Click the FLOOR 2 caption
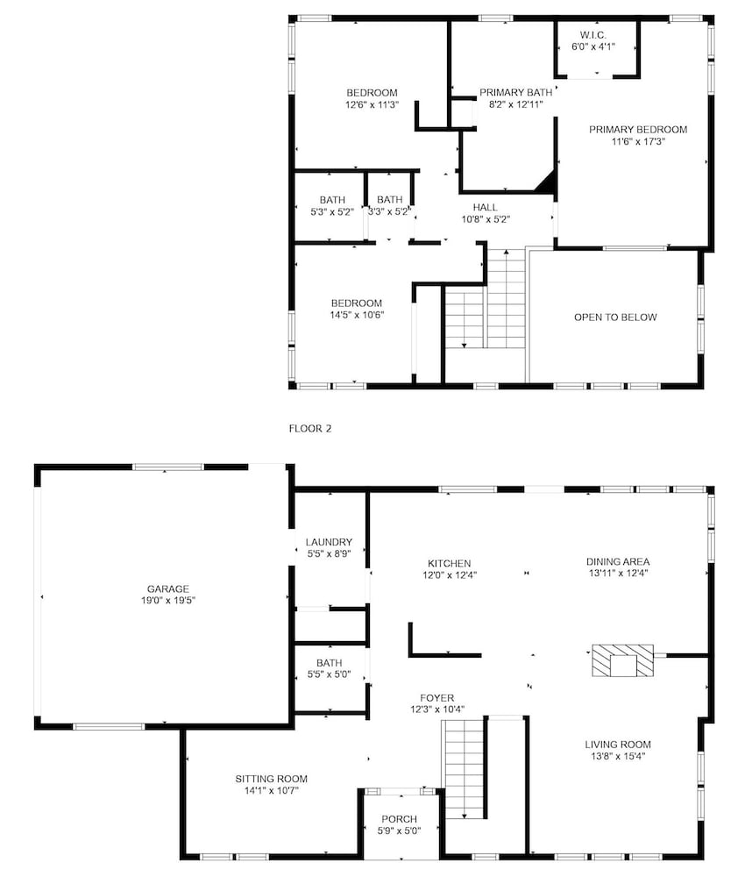tap(309, 429)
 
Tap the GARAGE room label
tap(167, 588)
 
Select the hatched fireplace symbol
tap(622, 660)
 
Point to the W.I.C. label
tap(593, 35)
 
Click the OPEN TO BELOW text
tap(615, 317)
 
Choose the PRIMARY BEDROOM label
tap(638, 129)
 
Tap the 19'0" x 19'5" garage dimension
tap(167, 601)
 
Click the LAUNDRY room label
tap(329, 542)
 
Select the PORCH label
tap(399, 819)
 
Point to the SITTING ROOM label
tap(271, 779)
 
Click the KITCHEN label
tap(449, 563)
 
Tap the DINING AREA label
tap(618, 561)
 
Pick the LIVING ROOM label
tap(618, 745)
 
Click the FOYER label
tap(437, 697)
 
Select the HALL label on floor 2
tap(485, 207)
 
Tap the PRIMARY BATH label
tap(516, 92)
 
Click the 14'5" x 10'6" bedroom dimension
tap(357, 315)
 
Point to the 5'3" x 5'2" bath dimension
tap(332, 212)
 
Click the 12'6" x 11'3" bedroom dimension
tap(372, 104)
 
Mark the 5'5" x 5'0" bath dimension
tap(329, 674)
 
